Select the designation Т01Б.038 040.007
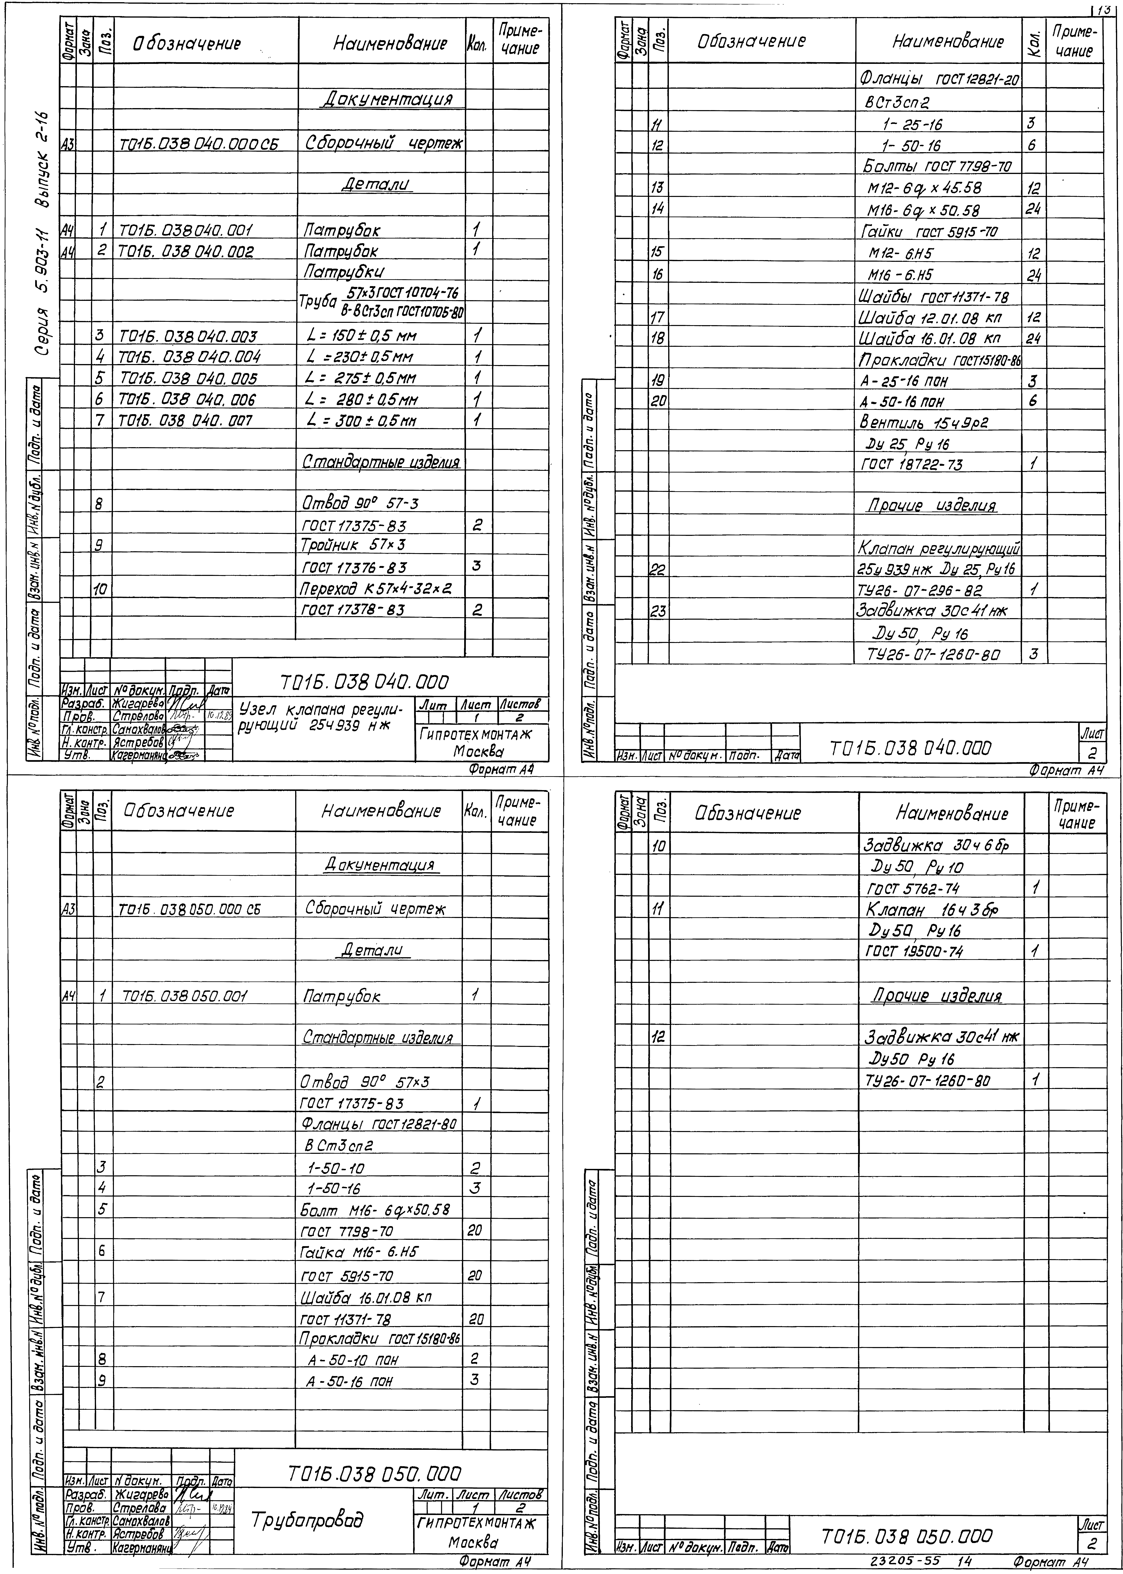[x=187, y=421]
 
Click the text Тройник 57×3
[x=353, y=545]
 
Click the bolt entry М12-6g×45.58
[x=924, y=188]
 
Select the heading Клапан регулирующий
[x=939, y=549]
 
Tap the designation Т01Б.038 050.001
[x=185, y=996]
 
